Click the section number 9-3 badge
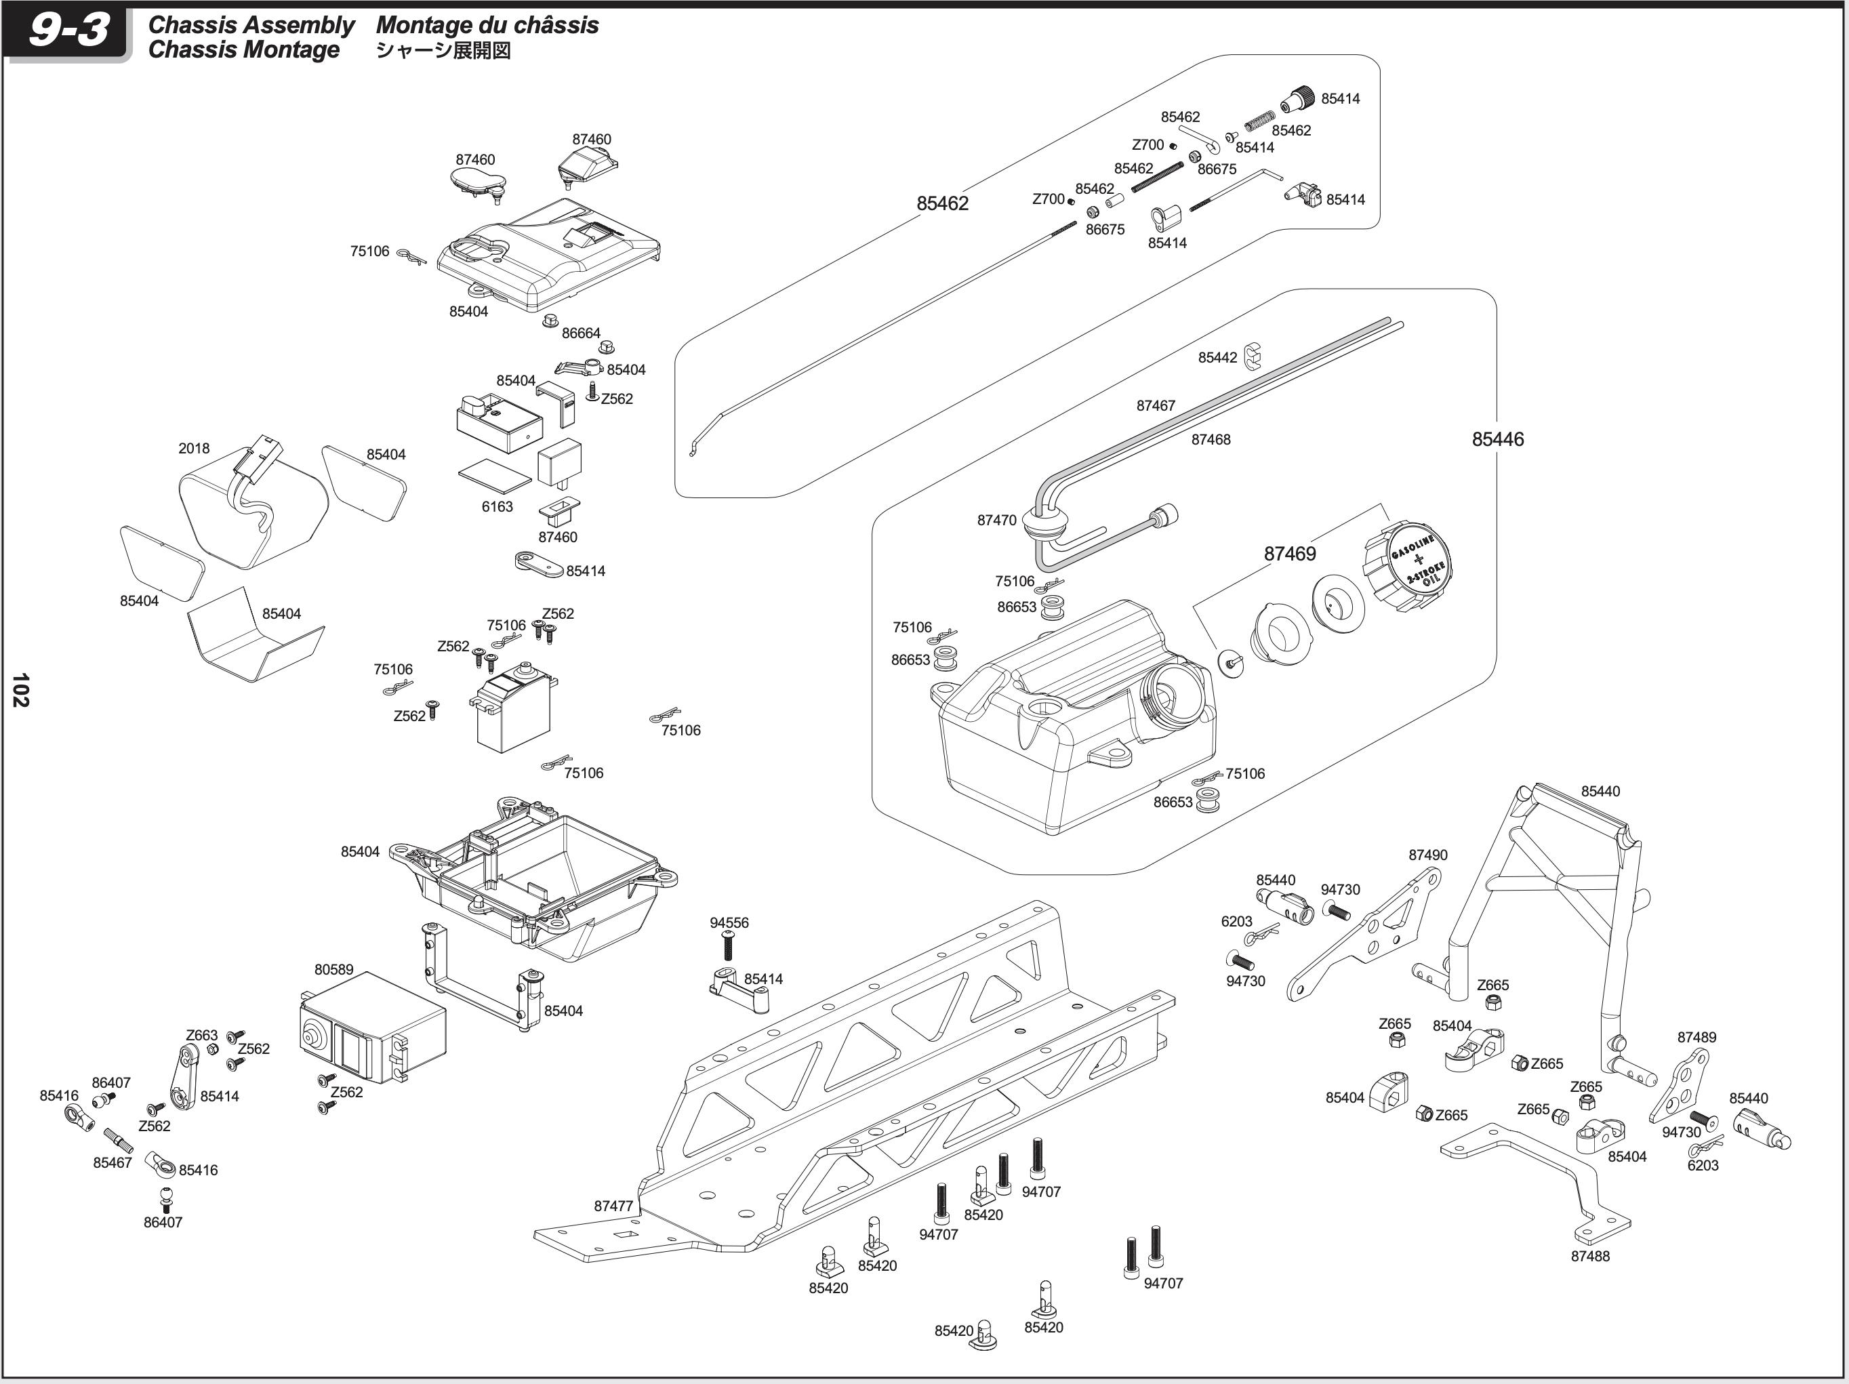point(68,32)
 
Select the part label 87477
point(613,1206)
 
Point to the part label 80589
point(333,969)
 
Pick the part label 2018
point(194,448)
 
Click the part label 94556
point(729,922)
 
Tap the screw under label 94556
point(727,948)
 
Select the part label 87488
point(1590,1256)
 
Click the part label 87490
point(1427,855)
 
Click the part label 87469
point(1289,553)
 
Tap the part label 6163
point(497,506)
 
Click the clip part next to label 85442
point(1251,355)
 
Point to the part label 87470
point(996,520)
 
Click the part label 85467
point(112,1162)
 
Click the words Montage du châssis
point(487,25)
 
